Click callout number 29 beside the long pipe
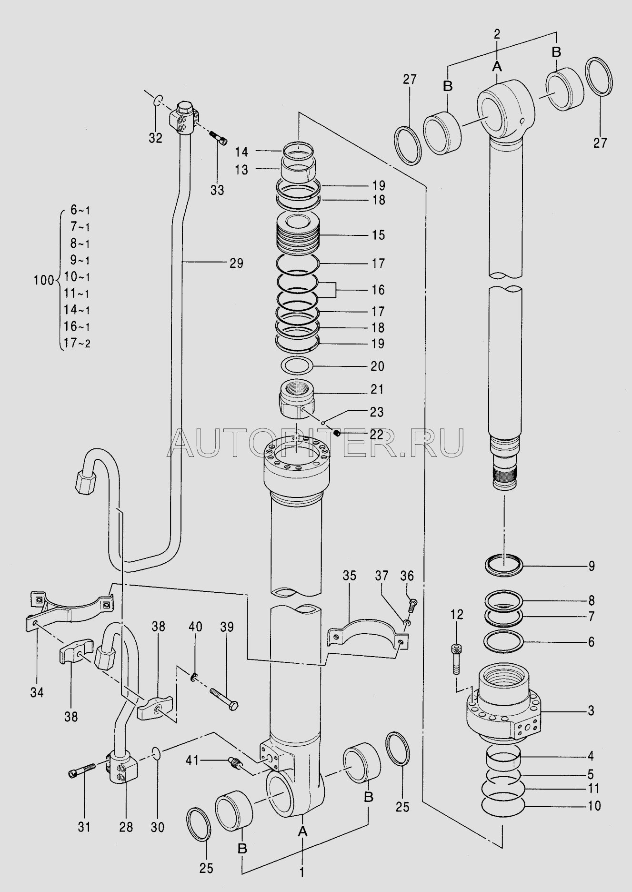[236, 263]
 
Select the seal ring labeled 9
[504, 566]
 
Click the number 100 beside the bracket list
[44, 280]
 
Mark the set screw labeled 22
[335, 433]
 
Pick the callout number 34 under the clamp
[37, 692]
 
